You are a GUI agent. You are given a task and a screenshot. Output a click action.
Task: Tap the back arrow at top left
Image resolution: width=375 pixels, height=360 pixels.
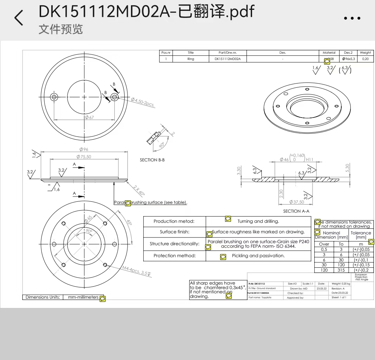tap(19, 18)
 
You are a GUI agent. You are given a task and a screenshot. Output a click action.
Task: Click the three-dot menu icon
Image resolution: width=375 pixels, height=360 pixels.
tap(352, 19)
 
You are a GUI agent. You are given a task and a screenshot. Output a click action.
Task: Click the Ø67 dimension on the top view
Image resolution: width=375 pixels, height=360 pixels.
tap(89, 117)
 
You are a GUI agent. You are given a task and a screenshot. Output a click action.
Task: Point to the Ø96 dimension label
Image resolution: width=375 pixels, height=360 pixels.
tap(84, 149)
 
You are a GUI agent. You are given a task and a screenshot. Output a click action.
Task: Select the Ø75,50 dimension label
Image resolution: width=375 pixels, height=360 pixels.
tap(84, 157)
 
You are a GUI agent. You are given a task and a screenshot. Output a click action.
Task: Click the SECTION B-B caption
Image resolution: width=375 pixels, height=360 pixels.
tap(152, 160)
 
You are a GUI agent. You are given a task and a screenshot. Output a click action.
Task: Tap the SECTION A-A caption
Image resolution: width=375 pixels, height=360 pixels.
tap(296, 211)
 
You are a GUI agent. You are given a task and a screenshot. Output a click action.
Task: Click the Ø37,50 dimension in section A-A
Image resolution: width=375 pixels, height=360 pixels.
tap(297, 202)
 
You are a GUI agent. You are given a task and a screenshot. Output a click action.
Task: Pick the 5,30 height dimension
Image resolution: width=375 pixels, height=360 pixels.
tap(347, 168)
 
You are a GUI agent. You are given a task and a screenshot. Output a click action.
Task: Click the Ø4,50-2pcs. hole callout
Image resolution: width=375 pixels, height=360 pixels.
tap(143, 102)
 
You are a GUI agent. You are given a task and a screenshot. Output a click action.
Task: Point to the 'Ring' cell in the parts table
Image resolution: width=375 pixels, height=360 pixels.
tap(191, 59)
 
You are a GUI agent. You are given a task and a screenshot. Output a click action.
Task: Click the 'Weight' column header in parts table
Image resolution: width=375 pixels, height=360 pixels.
tap(365, 53)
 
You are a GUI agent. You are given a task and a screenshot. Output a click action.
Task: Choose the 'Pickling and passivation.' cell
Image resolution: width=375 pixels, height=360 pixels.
tap(258, 256)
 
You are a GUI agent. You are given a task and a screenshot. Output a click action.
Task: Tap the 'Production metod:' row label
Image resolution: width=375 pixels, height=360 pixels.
tap(174, 221)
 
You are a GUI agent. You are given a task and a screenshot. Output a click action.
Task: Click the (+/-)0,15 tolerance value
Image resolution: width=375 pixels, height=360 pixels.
tap(361, 265)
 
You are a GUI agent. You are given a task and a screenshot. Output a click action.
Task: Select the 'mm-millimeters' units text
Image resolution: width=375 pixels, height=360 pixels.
tap(83, 297)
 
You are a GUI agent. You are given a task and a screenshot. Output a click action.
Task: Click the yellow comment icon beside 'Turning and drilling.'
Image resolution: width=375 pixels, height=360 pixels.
tap(228, 219)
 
